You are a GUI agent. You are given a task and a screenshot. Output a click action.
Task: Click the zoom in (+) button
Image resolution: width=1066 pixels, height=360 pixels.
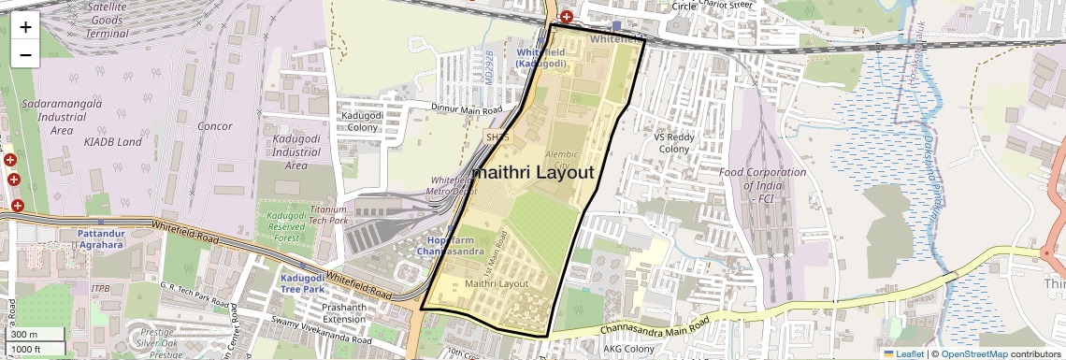(25, 27)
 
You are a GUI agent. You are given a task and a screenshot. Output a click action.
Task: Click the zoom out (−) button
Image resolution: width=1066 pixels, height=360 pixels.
(25, 54)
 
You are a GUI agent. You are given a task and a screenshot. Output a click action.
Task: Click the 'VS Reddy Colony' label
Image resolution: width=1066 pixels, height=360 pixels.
(673, 143)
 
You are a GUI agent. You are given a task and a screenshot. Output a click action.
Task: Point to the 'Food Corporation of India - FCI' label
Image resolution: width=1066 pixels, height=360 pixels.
(762, 184)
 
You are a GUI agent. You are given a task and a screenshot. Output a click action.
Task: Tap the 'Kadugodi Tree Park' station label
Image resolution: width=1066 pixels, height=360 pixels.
(301, 284)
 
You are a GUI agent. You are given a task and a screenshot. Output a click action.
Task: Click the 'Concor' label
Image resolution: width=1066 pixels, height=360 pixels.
(214, 125)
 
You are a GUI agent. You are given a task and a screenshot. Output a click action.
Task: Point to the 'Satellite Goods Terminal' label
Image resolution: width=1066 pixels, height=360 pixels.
(108, 20)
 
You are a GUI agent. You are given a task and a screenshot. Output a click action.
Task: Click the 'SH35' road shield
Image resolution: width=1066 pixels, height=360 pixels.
(497, 137)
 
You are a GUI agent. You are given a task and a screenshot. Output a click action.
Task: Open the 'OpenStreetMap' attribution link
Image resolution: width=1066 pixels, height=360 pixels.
(973, 353)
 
